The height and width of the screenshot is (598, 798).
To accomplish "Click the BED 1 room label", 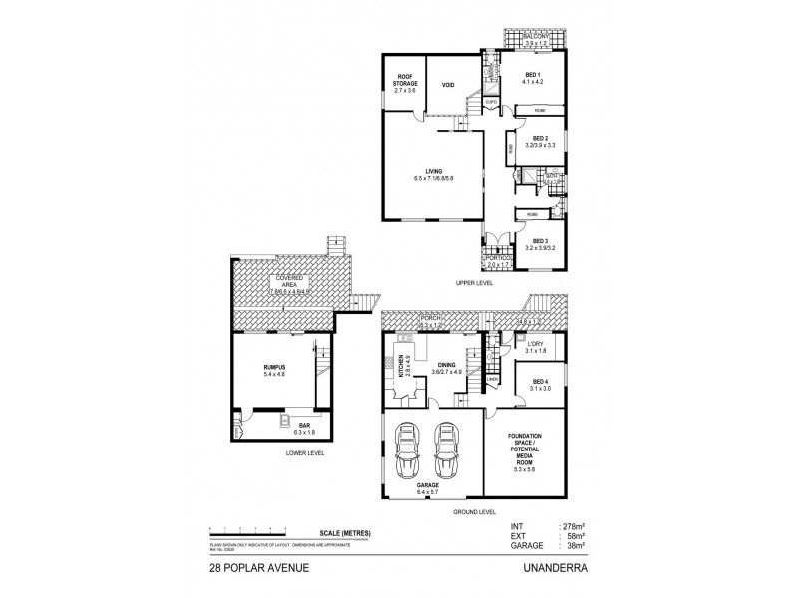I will [x=531, y=77].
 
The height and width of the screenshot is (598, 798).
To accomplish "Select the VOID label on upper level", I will [x=448, y=86].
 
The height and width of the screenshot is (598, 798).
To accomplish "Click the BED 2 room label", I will [x=540, y=139].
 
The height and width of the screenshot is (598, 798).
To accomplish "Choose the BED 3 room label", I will [x=540, y=240].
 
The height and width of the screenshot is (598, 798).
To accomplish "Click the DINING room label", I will [x=447, y=366].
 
